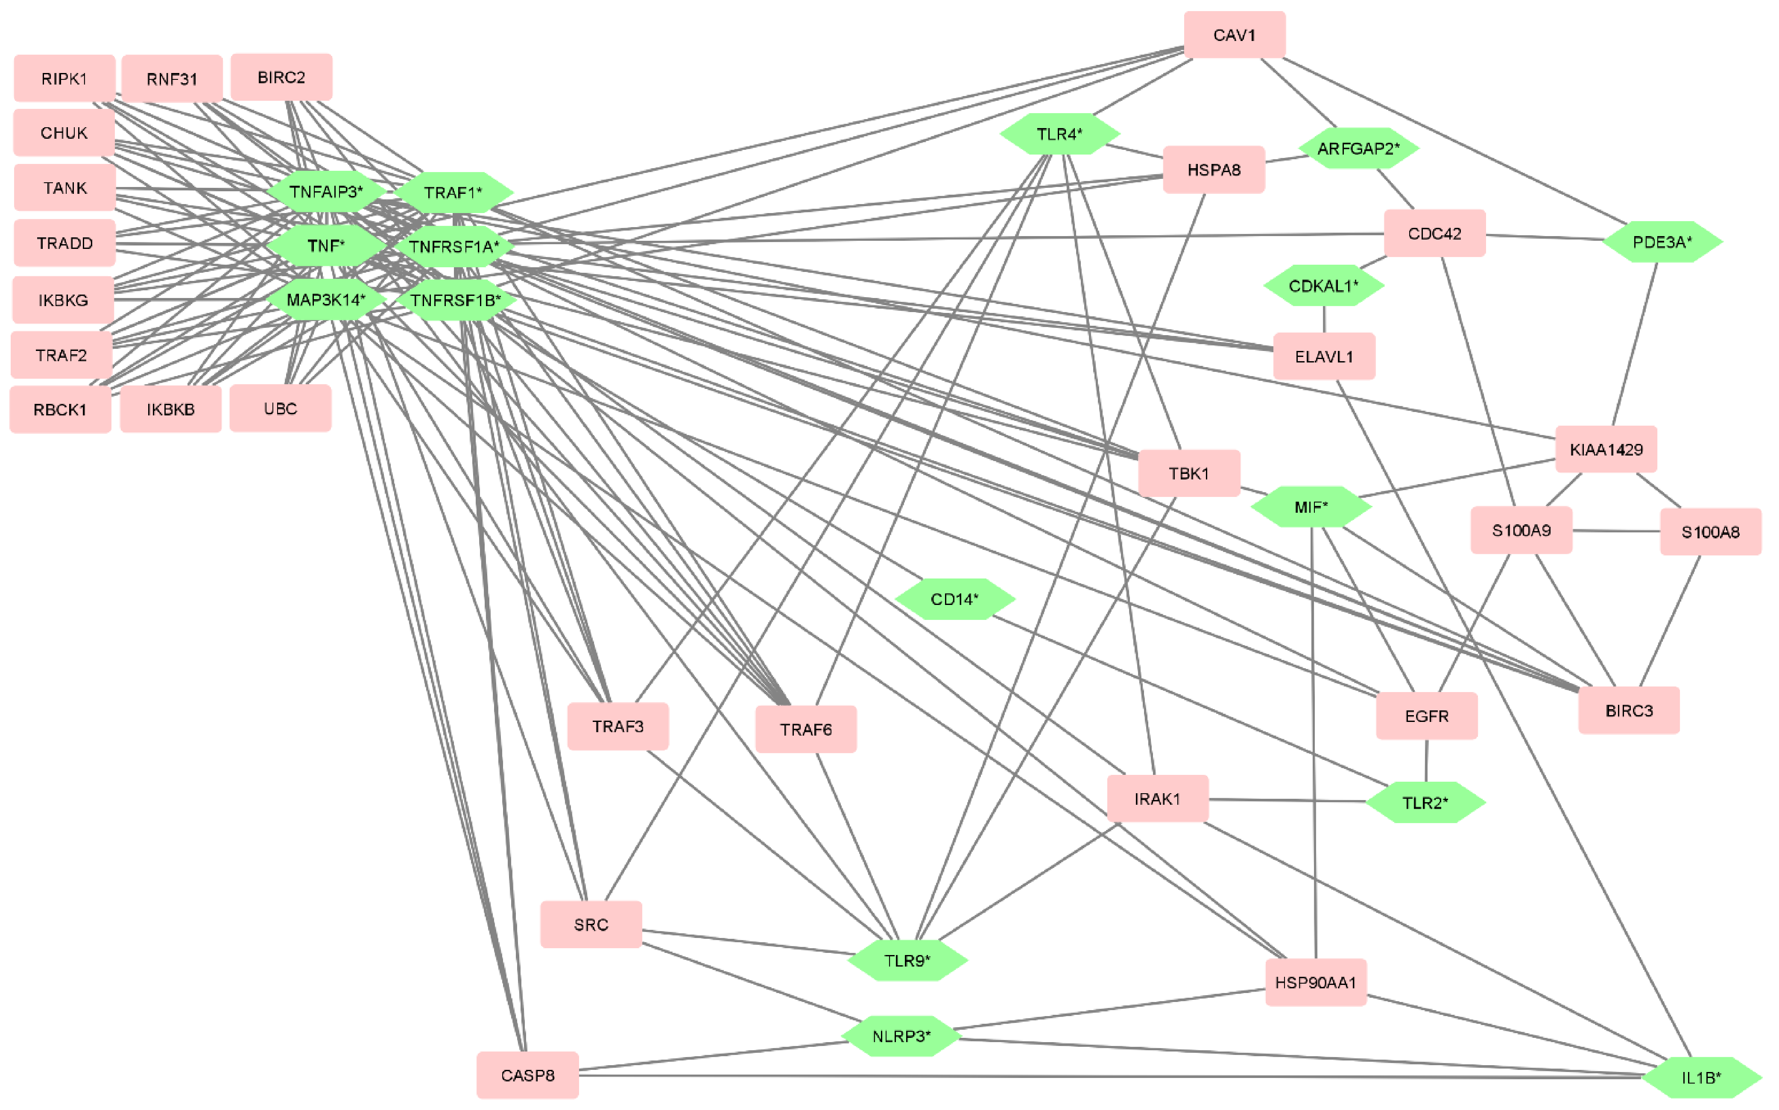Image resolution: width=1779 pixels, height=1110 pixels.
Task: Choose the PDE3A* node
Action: click(x=1662, y=242)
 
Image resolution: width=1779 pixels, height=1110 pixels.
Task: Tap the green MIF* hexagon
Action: click(x=1311, y=507)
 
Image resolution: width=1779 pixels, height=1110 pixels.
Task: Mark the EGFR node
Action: click(x=1426, y=716)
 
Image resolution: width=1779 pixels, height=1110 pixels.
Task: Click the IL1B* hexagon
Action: click(x=1700, y=1078)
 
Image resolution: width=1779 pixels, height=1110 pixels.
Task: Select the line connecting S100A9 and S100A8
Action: click(x=1615, y=531)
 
